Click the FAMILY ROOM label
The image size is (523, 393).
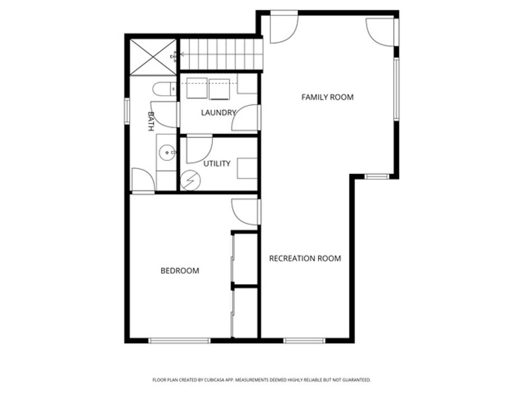[327, 97]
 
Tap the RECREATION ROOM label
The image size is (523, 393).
[305, 258]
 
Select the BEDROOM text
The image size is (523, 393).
[180, 271]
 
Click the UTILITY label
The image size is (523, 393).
[217, 164]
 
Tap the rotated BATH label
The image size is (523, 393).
[151, 121]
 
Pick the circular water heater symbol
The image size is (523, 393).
[191, 180]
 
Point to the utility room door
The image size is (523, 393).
[199, 149]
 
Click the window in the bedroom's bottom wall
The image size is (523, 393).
[179, 340]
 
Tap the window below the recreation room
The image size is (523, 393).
[304, 340]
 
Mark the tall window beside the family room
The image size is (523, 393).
[396, 89]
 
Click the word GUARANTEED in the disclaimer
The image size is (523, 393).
[356, 380]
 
